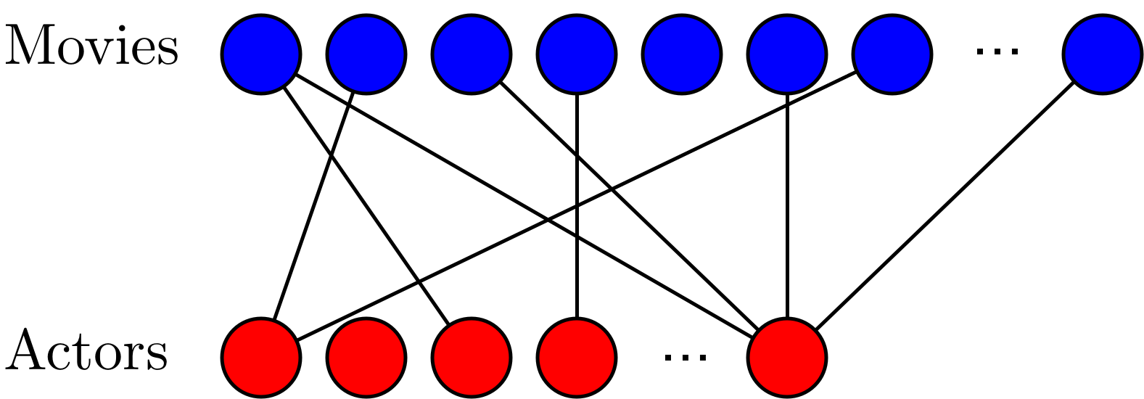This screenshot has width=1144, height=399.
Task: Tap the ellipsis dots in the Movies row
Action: pyautogui.click(x=997, y=51)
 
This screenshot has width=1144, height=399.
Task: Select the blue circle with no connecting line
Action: pyautogui.click(x=681, y=54)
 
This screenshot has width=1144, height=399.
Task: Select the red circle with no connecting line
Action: pyautogui.click(x=366, y=357)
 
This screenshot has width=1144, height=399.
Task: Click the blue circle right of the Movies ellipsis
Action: pyautogui.click(x=1102, y=54)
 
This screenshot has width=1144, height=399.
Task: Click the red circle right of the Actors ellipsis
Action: pyautogui.click(x=787, y=357)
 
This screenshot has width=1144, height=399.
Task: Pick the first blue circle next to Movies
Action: pyautogui.click(x=261, y=54)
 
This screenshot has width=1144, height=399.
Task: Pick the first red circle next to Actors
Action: pyautogui.click(x=261, y=357)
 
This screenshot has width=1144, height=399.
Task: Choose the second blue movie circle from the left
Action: pyautogui.click(x=366, y=54)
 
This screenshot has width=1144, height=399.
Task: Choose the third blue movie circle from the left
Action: pyautogui.click(x=471, y=54)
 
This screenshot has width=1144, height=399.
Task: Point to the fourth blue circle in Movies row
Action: pyautogui.click(x=576, y=54)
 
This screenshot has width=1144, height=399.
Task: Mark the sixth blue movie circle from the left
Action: pyautogui.click(x=787, y=54)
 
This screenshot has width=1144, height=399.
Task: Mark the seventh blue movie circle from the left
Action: pyautogui.click(x=892, y=54)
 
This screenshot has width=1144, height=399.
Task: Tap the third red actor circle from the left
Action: pyautogui.click(x=471, y=357)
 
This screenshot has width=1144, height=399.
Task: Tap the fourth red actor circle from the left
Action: pyautogui.click(x=576, y=357)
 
